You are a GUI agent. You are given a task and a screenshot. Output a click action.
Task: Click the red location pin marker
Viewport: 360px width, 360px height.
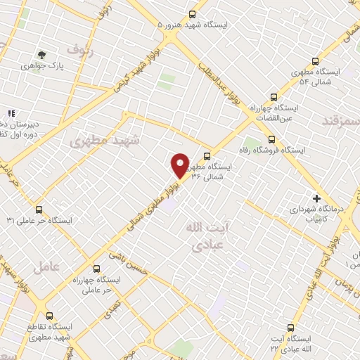(180, 165)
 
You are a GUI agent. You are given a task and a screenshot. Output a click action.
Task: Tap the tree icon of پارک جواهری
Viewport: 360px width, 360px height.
(42, 54)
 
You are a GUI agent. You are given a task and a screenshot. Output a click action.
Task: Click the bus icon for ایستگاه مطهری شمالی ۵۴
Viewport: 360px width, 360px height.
(315, 61)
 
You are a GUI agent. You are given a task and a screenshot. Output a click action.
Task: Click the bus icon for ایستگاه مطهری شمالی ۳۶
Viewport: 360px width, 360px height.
(207, 156)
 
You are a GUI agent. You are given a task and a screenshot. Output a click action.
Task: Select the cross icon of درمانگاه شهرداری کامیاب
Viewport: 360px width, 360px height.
(316, 198)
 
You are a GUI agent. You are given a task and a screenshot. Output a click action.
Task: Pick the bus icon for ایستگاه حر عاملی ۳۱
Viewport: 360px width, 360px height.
(39, 209)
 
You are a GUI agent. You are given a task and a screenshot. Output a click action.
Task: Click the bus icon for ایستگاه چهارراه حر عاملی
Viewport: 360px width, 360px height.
(96, 269)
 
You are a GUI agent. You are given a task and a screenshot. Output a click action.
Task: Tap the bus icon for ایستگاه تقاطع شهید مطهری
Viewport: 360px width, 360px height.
(49, 316)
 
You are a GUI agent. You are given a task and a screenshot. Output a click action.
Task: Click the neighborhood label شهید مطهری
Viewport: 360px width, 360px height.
(105, 140)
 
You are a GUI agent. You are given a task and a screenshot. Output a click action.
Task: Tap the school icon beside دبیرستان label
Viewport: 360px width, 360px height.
(11, 112)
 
